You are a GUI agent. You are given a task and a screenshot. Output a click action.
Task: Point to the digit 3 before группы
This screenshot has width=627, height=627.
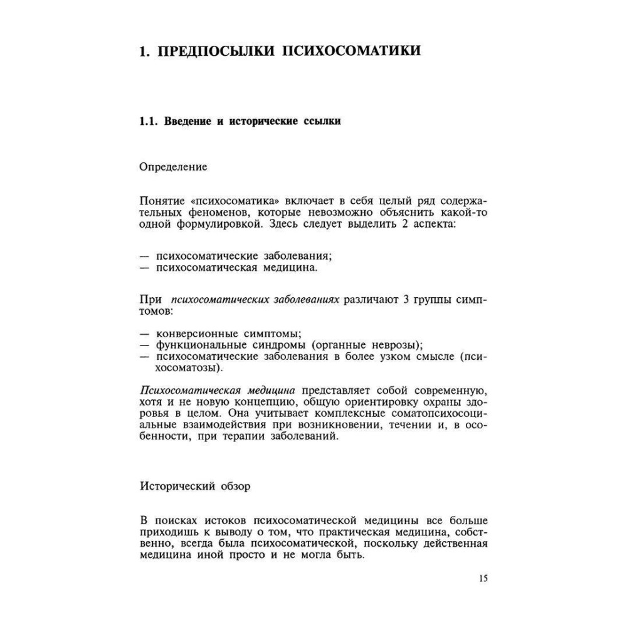[x=406, y=300]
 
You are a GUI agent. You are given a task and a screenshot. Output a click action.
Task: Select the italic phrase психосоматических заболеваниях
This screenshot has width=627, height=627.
[x=256, y=300]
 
